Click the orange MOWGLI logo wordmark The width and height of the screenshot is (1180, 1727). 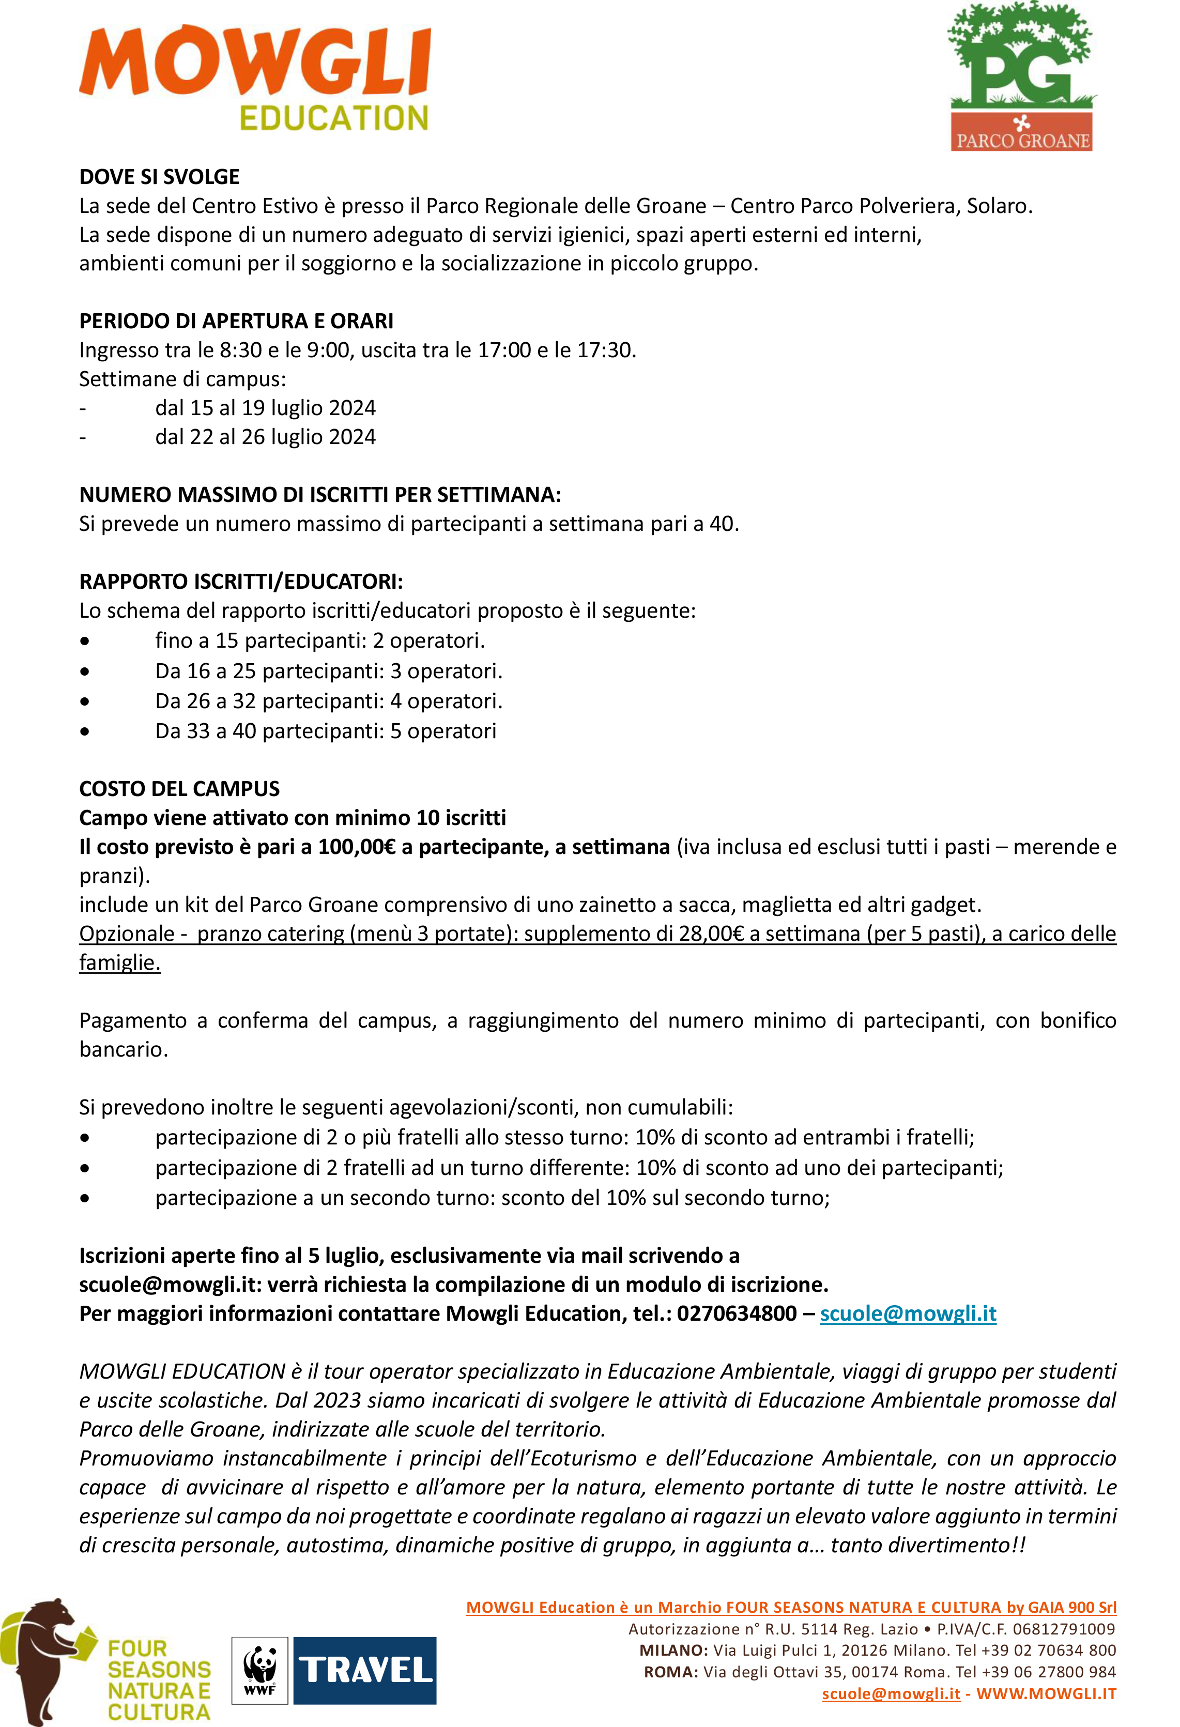pyautogui.click(x=255, y=63)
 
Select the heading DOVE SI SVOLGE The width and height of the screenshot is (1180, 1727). pyautogui.click(x=159, y=177)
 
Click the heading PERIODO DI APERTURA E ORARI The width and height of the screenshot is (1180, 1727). pyautogui.click(x=236, y=321)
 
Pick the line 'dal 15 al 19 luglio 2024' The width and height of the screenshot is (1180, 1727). pyautogui.click(x=265, y=408)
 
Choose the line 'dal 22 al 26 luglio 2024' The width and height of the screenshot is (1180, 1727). pyautogui.click(x=265, y=437)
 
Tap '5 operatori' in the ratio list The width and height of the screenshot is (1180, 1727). pyautogui.click(x=443, y=731)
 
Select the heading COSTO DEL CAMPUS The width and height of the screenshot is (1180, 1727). pyautogui.click(x=179, y=789)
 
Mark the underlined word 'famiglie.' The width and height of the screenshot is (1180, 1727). pyautogui.click(x=119, y=963)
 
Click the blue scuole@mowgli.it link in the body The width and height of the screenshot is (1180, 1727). pyautogui.click(x=908, y=1314)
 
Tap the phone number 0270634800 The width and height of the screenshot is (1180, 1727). pyautogui.click(x=737, y=1314)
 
